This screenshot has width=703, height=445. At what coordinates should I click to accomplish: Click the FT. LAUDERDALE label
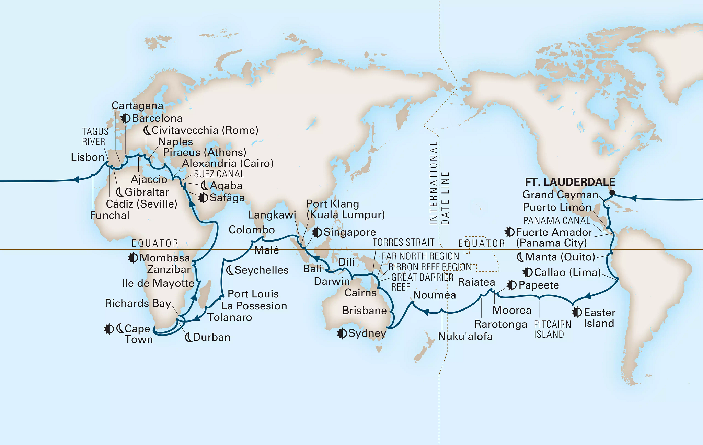point(570,182)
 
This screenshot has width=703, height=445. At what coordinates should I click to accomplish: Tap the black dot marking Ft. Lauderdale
point(612,192)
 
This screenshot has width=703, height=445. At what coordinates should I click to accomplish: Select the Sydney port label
point(367,333)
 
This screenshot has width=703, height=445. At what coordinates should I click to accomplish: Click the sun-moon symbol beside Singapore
point(317,232)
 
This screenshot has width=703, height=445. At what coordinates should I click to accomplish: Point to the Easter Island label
point(599,318)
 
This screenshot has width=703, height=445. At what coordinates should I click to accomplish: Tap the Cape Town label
point(138,334)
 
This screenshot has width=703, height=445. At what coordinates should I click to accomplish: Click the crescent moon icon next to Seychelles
point(230,270)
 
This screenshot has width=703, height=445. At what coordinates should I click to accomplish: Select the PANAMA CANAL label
point(556,220)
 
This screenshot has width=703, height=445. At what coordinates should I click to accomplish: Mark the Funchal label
point(110,215)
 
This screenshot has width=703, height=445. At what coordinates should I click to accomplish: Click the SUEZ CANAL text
point(219,174)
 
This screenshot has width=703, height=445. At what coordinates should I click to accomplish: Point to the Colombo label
point(252,230)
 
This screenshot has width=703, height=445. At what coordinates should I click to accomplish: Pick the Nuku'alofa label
point(465,336)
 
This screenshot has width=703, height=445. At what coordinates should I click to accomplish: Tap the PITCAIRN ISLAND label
point(552,329)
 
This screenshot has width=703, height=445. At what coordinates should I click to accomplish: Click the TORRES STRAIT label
point(403,242)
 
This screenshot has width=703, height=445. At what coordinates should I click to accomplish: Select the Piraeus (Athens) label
point(205,152)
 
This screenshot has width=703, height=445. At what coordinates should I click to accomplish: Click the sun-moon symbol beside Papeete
point(511,285)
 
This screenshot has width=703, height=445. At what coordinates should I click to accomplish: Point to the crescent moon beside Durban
point(188,337)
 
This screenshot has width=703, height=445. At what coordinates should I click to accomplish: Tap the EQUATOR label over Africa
point(155,243)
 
